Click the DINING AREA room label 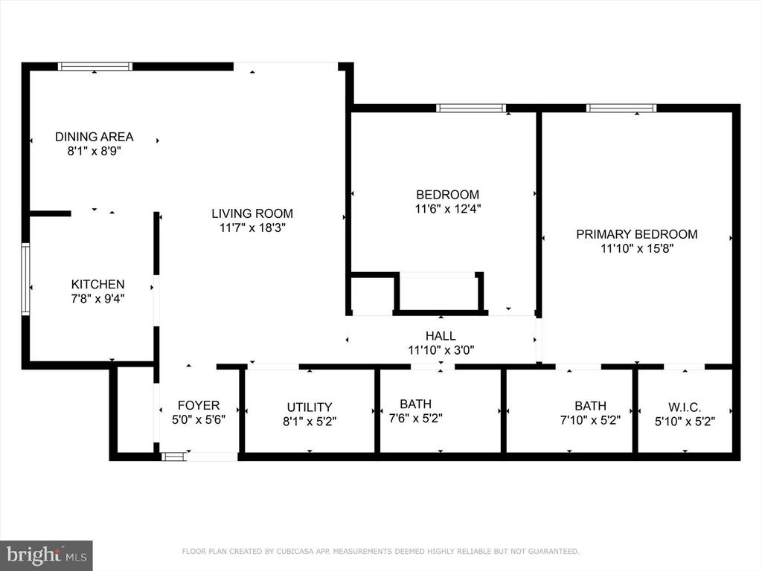95,137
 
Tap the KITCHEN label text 97,285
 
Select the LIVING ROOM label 252,213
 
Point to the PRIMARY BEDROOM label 637,234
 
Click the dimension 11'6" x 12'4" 447,209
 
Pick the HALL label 441,336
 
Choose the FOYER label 199,405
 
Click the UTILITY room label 310,407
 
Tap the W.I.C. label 685,407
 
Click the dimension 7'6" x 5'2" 416,418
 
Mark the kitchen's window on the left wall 25,280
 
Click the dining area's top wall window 95,66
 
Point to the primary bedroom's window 621,109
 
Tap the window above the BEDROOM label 471,109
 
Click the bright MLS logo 46,555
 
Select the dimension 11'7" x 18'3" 252,228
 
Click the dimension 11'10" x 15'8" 637,248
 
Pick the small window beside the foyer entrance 173,457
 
